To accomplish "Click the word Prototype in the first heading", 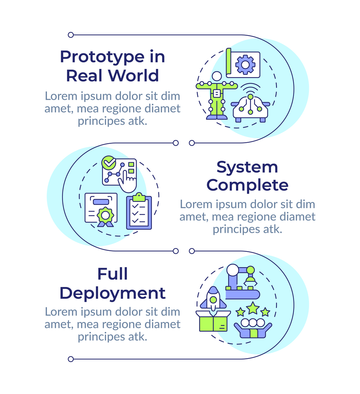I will pos(101,57).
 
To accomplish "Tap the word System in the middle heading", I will pos(247,167).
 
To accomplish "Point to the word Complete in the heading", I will pos(247,185).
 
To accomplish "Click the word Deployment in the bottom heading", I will pos(112,293).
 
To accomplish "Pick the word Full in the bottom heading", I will pos(112,274).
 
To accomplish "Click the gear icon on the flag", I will pos(245,65).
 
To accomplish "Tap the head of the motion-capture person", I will pos(217,76).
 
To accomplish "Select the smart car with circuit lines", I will pos(250,107).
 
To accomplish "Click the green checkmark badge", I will pos(109,163).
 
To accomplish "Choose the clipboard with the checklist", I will pos(139,212).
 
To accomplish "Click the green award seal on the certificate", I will pos(105,215).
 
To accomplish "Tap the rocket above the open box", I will pos(213,298).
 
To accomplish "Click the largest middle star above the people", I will pos(253,308).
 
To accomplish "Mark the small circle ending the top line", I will pos(71,35).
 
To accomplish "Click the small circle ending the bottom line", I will pos(71,359).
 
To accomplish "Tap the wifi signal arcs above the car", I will pos(250,88).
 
